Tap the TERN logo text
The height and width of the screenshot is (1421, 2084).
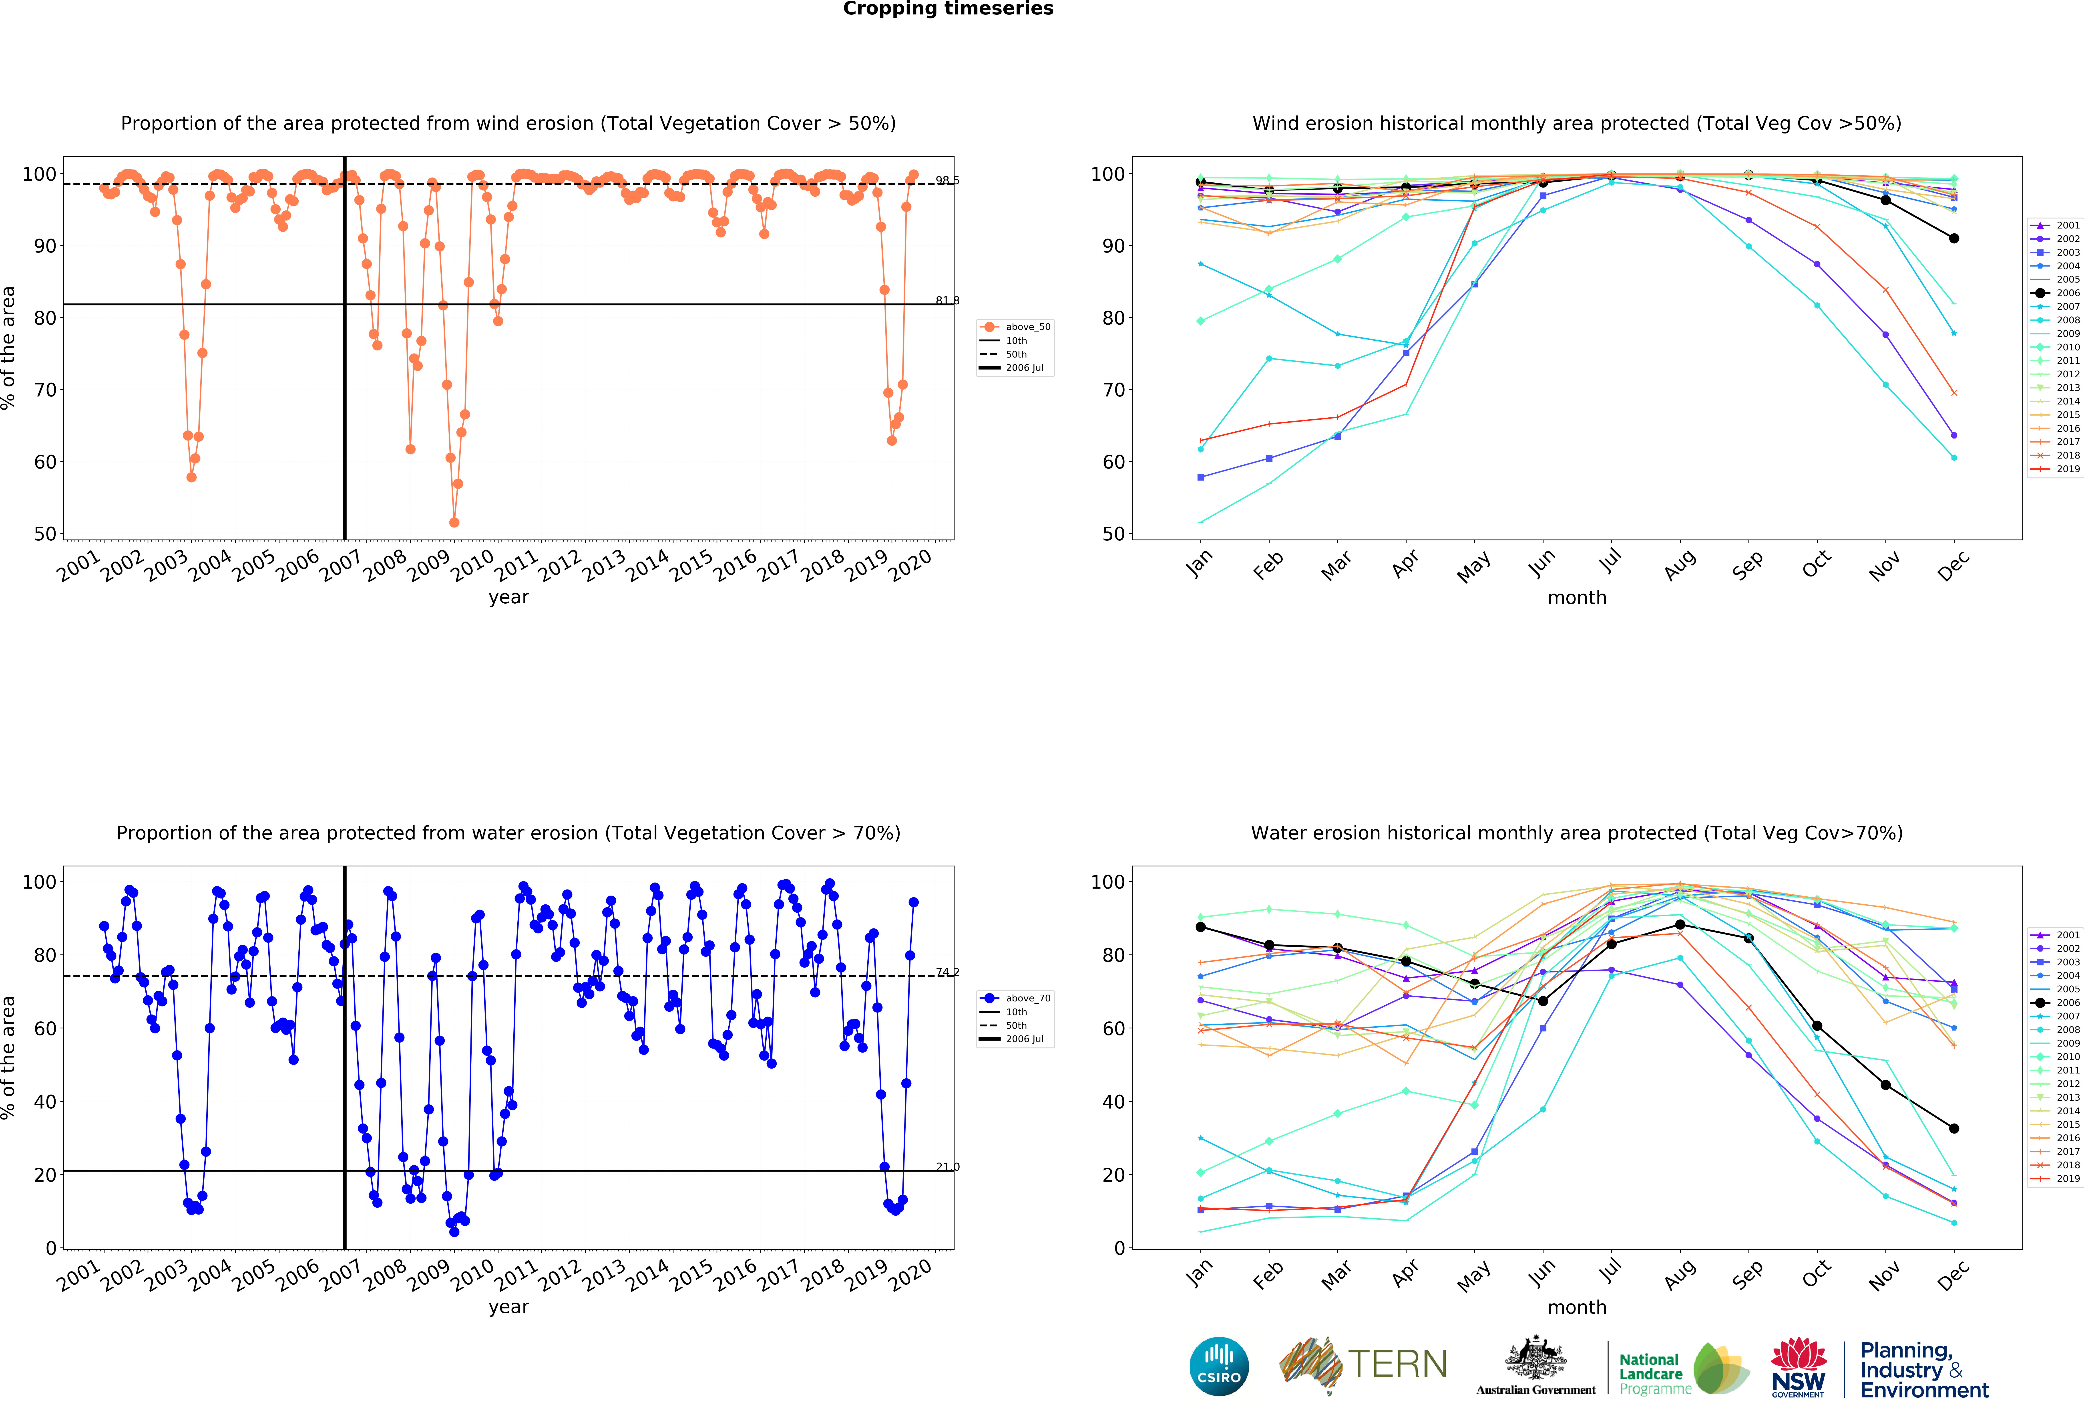[1397, 1364]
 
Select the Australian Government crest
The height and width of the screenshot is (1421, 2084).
[1536, 1359]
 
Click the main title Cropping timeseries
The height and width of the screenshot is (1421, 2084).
[948, 9]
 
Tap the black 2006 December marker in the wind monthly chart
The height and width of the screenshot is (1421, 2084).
[1954, 239]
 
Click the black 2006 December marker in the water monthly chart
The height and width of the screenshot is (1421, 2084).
[1954, 1129]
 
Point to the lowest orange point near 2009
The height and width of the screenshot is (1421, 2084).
[454, 522]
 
